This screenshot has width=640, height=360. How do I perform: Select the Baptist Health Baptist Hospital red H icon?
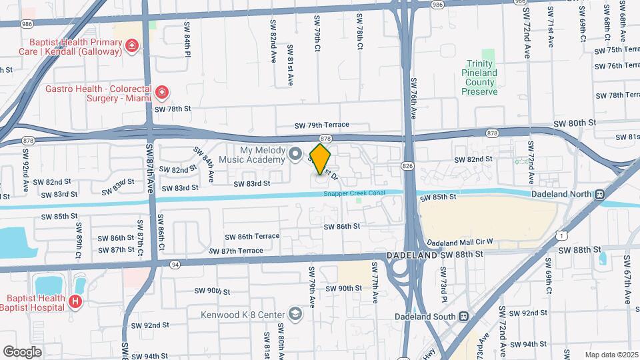click(75, 303)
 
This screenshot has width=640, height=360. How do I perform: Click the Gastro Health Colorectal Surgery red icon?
click(161, 92)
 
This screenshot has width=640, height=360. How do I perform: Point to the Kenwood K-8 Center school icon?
click(294, 314)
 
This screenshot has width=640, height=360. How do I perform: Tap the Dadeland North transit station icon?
click(599, 194)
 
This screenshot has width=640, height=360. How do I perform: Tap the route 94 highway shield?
click(175, 264)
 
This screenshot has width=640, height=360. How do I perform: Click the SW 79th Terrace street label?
click(322, 125)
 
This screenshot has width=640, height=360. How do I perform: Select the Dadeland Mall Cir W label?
click(459, 241)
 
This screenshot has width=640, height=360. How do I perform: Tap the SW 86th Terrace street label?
click(252, 237)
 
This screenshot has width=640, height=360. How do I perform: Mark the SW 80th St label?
click(573, 123)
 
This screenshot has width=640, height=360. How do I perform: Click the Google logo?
click(22, 351)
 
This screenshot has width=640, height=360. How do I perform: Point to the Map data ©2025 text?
click(611, 355)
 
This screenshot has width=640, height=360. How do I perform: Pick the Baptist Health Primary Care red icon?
click(133, 45)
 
